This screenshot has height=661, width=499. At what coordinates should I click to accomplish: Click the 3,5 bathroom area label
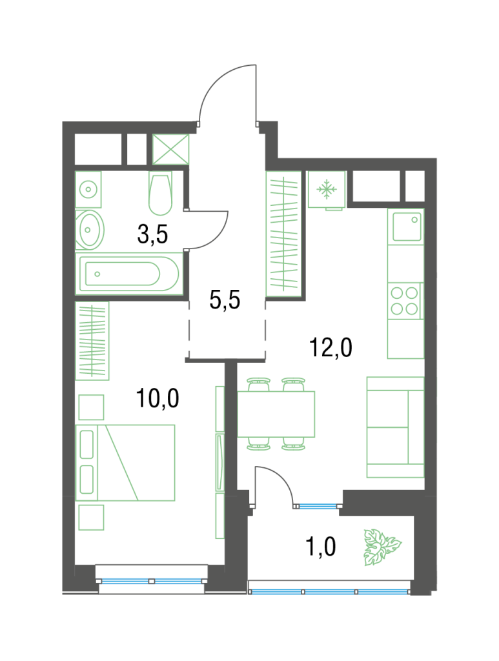click(152, 234)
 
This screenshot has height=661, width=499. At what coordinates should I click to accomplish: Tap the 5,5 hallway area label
click(225, 300)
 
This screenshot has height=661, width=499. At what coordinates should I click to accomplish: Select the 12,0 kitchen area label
click(331, 348)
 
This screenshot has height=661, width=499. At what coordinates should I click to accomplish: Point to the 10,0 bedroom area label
click(158, 398)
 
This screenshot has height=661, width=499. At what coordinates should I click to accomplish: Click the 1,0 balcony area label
click(320, 547)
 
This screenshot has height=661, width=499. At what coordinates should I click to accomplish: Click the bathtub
click(129, 274)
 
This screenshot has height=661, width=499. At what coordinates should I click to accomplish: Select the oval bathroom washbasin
click(90, 230)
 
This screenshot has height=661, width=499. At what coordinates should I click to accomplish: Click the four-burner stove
click(405, 301)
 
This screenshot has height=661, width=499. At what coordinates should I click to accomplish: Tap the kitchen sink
click(406, 226)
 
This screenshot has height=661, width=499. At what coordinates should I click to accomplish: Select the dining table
click(276, 414)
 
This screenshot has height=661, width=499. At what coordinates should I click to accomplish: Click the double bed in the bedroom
click(125, 462)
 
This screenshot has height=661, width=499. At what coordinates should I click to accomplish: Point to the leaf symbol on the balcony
click(382, 547)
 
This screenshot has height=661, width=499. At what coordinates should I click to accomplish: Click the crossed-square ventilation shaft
click(170, 149)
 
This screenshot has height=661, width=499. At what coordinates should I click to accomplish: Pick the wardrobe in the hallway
click(283, 234)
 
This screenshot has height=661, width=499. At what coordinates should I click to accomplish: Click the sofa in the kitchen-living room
click(395, 427)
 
